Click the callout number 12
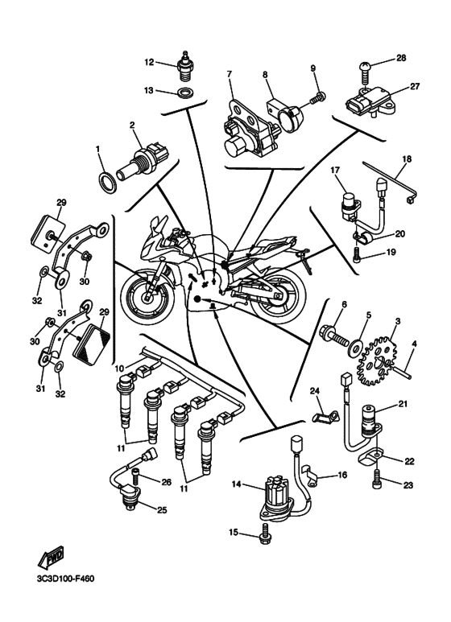149,62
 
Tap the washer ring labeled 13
186,93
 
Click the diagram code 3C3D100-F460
66,579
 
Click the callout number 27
415,86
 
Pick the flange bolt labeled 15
265,533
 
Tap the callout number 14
237,484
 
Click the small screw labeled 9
317,97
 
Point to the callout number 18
407,159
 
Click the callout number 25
162,509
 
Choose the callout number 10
119,369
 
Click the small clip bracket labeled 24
326,416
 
